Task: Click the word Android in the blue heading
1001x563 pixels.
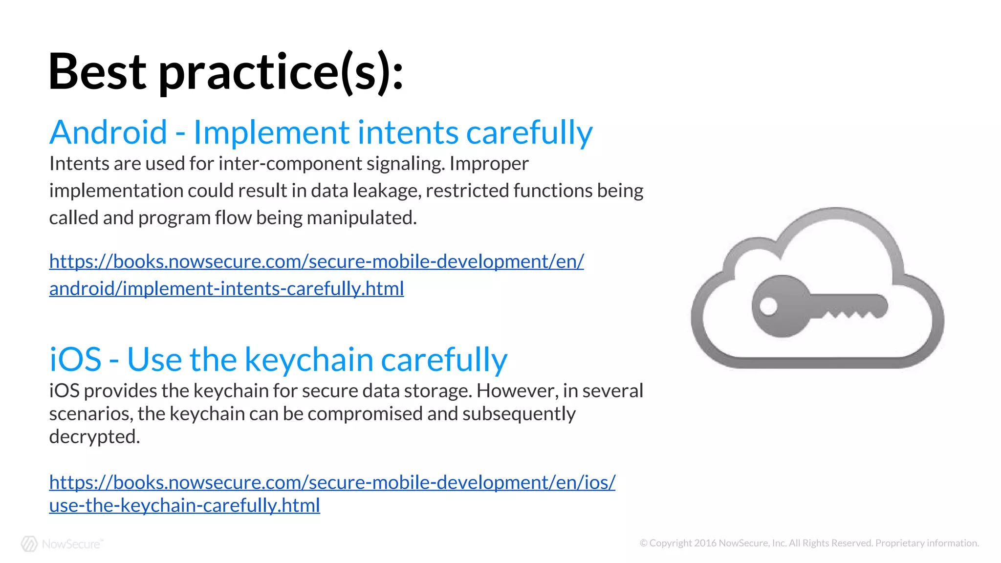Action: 109,133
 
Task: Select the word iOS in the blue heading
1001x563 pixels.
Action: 75,360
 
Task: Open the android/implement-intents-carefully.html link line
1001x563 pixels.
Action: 226,289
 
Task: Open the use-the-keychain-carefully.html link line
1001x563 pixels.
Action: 184,505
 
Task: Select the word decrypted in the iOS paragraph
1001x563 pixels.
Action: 94,437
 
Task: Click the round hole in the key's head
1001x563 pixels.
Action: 768,307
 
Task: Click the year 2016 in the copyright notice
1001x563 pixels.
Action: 705,543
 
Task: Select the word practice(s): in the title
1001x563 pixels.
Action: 281,72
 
